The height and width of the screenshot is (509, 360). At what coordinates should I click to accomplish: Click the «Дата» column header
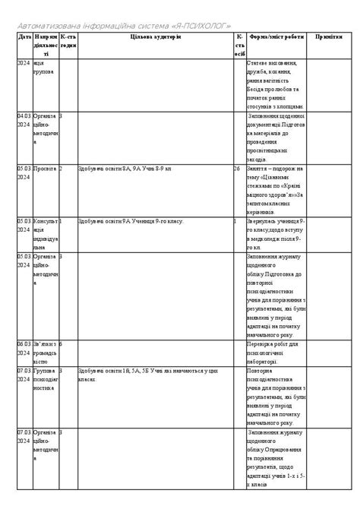(24, 36)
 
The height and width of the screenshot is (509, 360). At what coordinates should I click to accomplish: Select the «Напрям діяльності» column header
(45, 45)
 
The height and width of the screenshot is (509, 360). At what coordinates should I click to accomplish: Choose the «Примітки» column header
(329, 36)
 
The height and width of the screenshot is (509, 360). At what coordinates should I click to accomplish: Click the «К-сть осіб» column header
(239, 45)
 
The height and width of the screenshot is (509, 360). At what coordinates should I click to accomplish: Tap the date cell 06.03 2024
(24, 349)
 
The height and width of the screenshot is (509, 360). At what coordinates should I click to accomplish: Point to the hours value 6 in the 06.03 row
(62, 344)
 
